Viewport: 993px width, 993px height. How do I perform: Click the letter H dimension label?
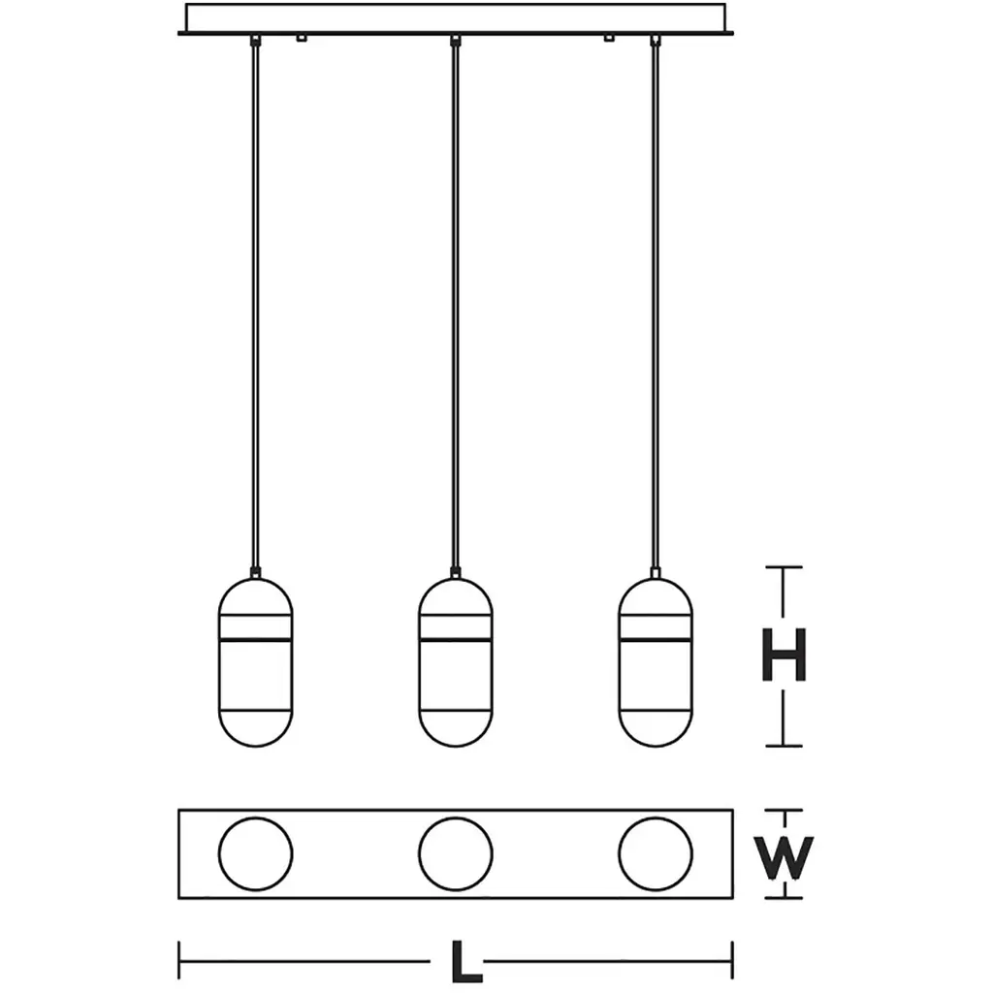(783, 657)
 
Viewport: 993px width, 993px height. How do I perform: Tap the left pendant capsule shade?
(255, 663)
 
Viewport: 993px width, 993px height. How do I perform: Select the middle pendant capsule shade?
(455, 663)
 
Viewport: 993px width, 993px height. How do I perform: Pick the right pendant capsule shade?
(655, 663)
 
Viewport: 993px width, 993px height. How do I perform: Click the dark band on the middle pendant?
(455, 640)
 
